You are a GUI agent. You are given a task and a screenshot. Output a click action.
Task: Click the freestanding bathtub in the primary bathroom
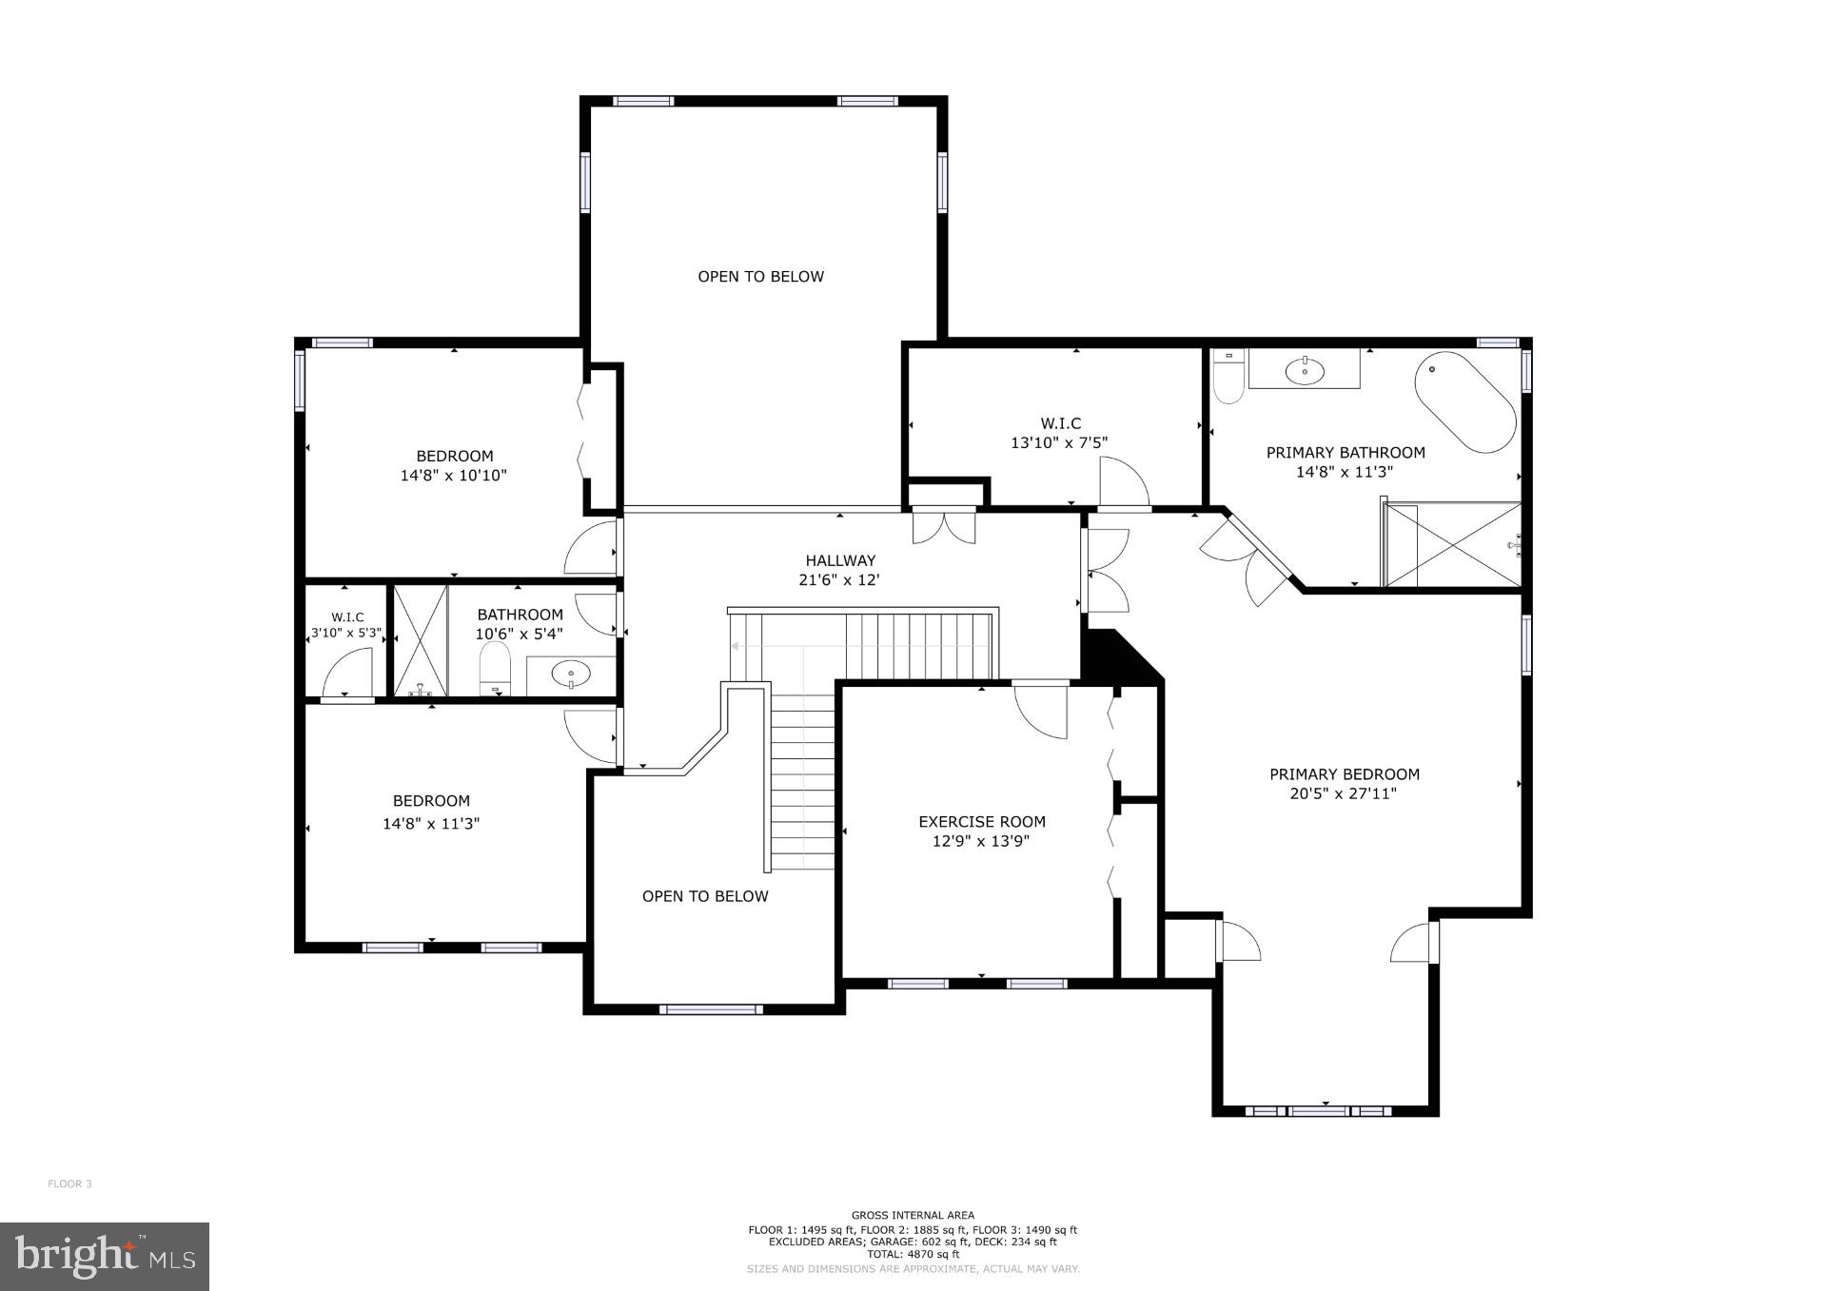(1465, 403)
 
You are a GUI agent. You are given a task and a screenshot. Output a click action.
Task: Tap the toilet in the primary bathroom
(1228, 379)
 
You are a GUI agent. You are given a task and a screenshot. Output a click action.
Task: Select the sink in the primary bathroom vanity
(1304, 371)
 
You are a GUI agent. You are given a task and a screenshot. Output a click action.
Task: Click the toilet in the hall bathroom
(495, 669)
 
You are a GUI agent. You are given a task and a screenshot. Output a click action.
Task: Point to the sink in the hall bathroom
(571, 675)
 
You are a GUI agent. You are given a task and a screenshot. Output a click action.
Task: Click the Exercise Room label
(981, 821)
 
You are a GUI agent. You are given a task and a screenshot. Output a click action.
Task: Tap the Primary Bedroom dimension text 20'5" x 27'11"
(1343, 793)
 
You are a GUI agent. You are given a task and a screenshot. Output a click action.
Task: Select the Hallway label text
(839, 560)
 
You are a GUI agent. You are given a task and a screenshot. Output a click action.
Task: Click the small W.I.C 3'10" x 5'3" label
(347, 625)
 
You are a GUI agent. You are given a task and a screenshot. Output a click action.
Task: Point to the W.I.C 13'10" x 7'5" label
(1060, 433)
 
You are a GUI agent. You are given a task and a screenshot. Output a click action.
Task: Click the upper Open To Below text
(760, 277)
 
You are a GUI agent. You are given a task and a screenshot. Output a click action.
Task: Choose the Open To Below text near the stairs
(704, 896)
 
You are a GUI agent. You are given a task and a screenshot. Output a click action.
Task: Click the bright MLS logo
(104, 1256)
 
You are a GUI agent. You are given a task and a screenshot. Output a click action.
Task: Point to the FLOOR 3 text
(69, 1183)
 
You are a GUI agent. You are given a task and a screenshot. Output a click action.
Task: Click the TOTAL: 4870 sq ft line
(913, 1254)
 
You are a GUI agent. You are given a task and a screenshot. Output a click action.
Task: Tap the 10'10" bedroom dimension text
(453, 476)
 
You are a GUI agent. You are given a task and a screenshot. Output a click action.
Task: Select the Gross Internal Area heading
(913, 1215)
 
